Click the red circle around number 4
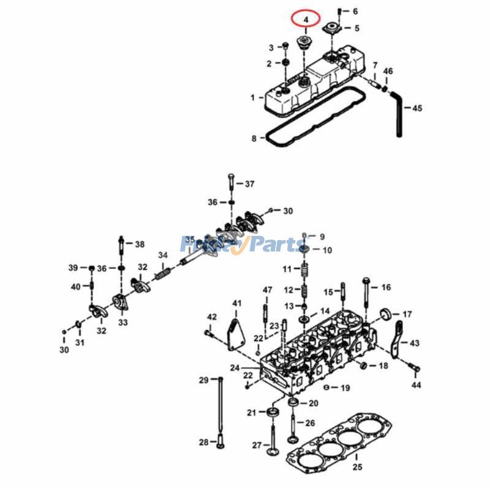[x=306, y=19]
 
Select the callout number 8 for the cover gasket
[x=254, y=138]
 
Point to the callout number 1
[x=252, y=97]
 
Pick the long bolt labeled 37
[x=231, y=184]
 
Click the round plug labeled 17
[x=386, y=315]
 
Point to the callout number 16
[x=385, y=287]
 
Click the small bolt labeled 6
[x=340, y=12]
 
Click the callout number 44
[x=417, y=385]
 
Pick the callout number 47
[x=267, y=290]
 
